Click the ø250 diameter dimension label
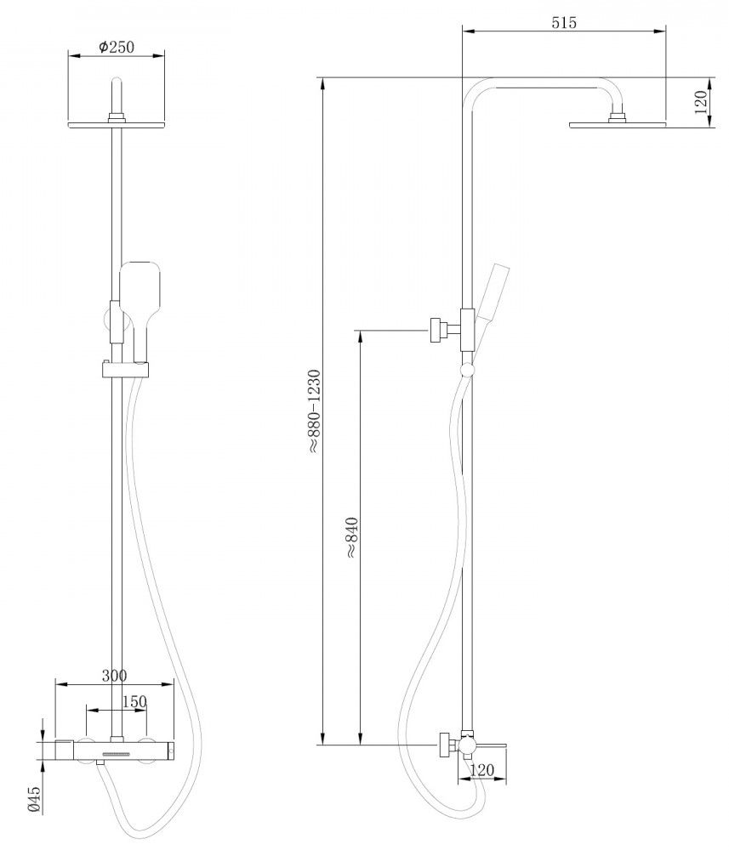(117, 47)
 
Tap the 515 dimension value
(564, 23)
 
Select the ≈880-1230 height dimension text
(315, 411)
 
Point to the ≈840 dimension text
(351, 537)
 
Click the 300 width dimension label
(115, 676)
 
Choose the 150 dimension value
(134, 701)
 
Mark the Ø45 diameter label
(34, 799)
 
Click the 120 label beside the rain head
(701, 103)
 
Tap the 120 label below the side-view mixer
(481, 770)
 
